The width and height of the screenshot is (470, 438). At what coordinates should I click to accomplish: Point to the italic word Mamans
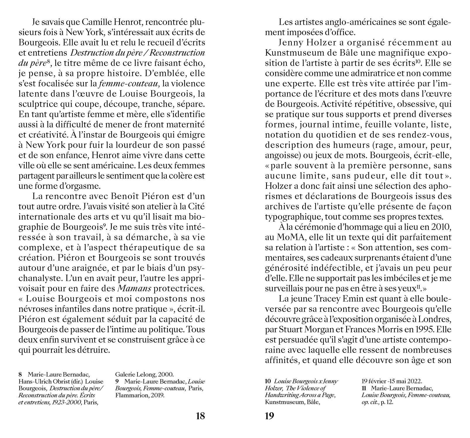(134, 288)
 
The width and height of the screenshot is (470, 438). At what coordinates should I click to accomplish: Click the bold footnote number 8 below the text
(20, 374)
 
